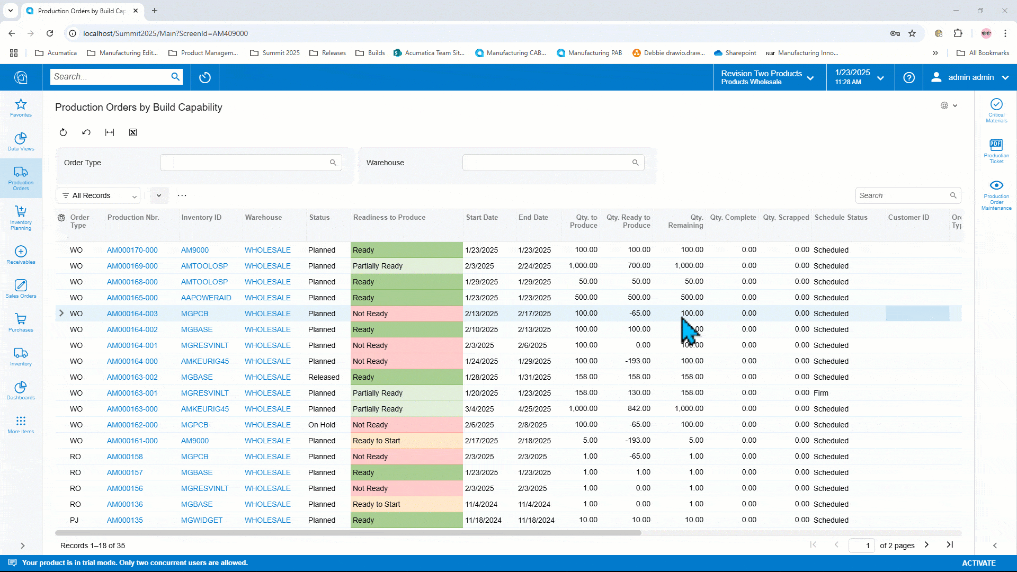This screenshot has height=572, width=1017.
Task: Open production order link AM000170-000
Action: pos(132,250)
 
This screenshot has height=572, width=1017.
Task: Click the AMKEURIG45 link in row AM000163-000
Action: pos(204,409)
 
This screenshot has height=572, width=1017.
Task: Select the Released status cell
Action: pos(324,377)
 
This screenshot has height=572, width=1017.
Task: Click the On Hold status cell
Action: pos(322,425)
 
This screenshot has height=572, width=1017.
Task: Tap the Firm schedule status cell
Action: pos(820,393)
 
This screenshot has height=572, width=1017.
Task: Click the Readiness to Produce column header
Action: pos(389,218)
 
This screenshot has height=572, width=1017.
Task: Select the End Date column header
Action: pos(533,218)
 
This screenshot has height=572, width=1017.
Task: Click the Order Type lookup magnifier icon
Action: pos(333,163)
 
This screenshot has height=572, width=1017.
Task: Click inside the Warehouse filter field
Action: pos(546,163)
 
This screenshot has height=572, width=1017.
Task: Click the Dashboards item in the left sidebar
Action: pos(21,391)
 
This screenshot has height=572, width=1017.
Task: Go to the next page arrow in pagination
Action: pos(926,544)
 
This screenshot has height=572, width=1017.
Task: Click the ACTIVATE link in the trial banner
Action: pos(978,563)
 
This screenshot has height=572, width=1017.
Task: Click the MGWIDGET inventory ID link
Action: pos(201,520)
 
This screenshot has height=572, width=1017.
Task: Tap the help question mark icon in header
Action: pos(908,78)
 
